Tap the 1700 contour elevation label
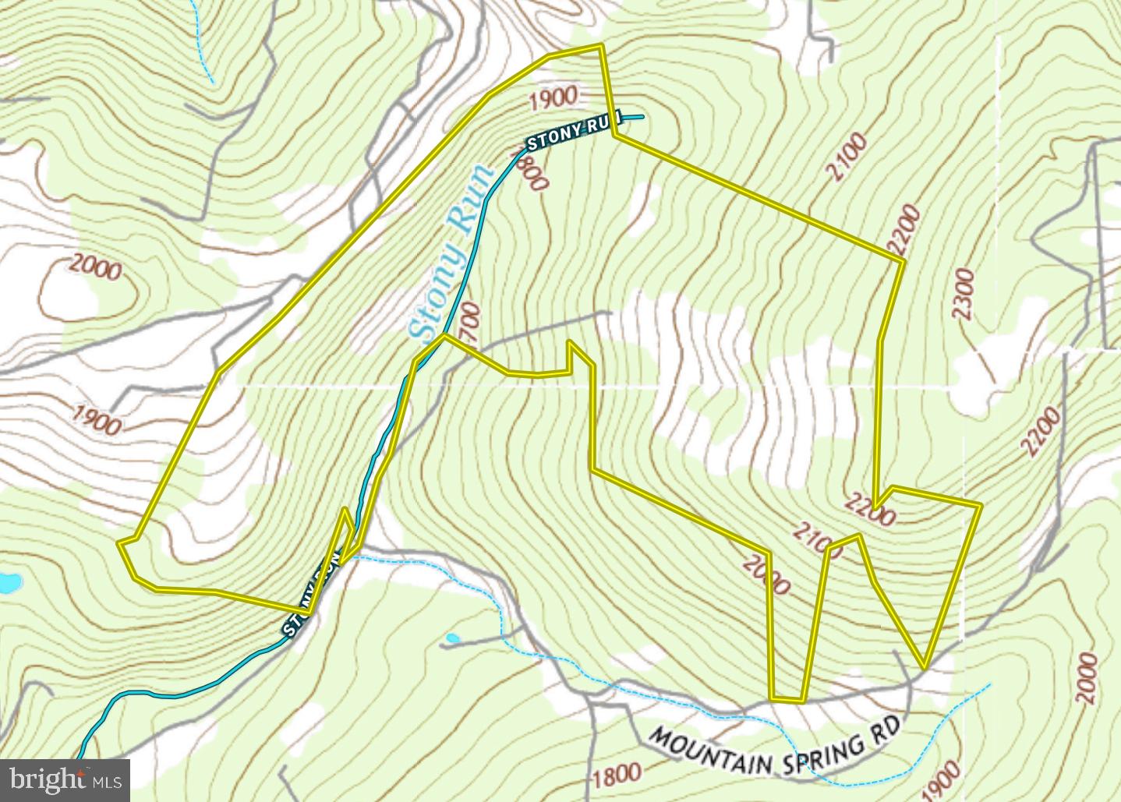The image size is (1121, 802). click(x=470, y=323)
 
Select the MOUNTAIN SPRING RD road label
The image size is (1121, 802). click(x=775, y=746)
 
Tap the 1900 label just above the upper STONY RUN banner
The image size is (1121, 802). click(x=553, y=98)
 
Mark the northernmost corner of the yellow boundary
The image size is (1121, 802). click(x=600, y=46)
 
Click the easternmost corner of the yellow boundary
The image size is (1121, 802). click(x=979, y=505)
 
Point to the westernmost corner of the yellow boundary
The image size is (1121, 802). click(x=119, y=541)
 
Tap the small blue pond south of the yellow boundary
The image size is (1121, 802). click(x=451, y=639)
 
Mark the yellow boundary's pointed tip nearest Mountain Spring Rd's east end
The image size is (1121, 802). click(x=924, y=667)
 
